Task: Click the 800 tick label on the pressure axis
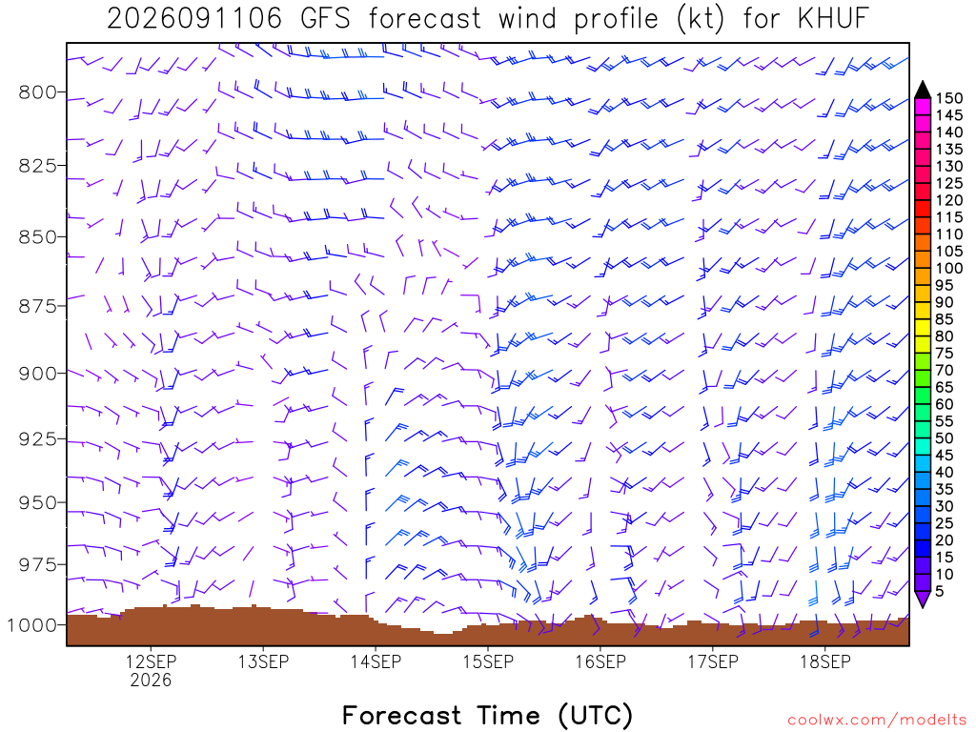tap(37, 92)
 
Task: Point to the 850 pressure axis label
tap(37, 237)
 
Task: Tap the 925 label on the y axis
tap(37, 439)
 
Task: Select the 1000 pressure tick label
tap(31, 625)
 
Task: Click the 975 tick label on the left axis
tap(37, 565)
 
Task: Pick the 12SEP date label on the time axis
tap(151, 661)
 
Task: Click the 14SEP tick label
tap(376, 661)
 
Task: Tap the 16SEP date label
tap(600, 661)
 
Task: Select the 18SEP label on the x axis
tap(824, 661)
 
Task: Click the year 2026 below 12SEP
tap(151, 680)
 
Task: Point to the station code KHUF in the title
tap(833, 19)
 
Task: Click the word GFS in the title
tap(325, 19)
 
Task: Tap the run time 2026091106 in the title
tap(194, 19)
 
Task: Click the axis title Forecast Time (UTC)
tap(487, 716)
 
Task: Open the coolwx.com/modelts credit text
tap(877, 721)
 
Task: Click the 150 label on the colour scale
tap(949, 98)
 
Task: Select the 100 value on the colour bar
tap(949, 268)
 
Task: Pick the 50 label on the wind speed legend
tap(945, 438)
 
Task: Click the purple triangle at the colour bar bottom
tap(923, 599)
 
